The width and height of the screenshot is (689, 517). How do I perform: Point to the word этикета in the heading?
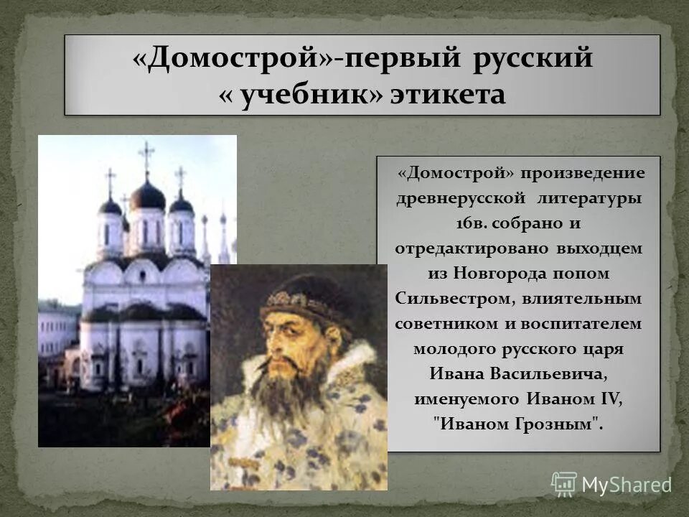coord(447,95)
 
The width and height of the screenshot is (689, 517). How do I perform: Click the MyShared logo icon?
coord(564,484)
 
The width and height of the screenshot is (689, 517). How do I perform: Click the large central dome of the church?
coord(147,195)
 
